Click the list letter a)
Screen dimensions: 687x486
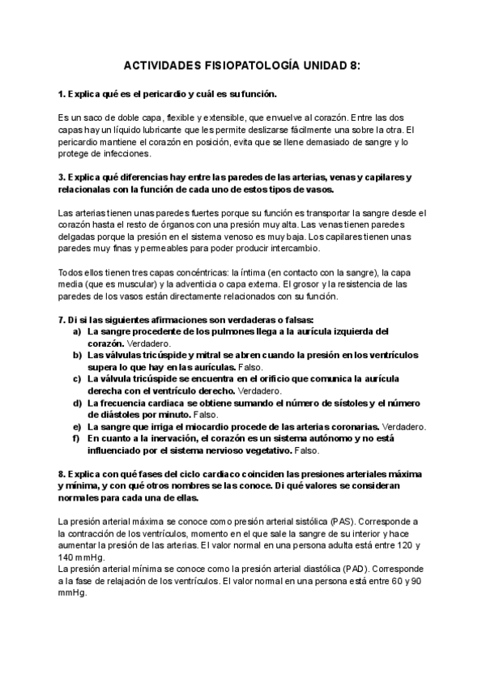coord(77,331)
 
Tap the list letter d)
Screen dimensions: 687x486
coord(77,403)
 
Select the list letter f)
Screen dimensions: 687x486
coord(77,438)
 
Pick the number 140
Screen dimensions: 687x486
coord(66,557)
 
